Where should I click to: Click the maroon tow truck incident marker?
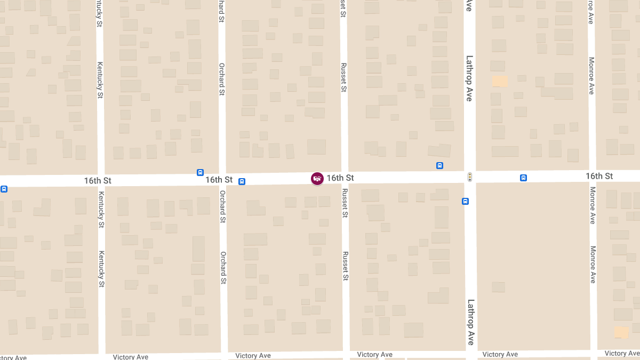(x=317, y=179)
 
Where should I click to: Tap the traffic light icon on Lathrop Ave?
(x=470, y=177)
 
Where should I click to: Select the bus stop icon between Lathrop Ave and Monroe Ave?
(x=524, y=178)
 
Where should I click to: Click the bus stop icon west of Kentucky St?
(x=4, y=188)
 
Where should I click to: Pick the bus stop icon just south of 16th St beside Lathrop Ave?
(x=466, y=201)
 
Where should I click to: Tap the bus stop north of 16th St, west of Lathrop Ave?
(x=439, y=165)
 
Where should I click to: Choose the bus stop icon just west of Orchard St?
(x=200, y=172)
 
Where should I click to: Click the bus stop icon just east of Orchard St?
(x=242, y=181)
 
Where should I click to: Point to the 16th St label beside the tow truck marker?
(x=340, y=177)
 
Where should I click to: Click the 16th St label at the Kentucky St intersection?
(x=98, y=181)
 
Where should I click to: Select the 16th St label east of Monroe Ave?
(x=599, y=176)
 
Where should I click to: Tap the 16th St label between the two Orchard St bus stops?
(x=219, y=180)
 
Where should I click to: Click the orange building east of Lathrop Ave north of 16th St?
(x=500, y=81)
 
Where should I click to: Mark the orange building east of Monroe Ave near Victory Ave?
(x=621, y=332)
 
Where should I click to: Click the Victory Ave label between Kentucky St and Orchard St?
(x=131, y=356)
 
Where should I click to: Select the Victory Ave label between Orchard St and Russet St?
(x=253, y=356)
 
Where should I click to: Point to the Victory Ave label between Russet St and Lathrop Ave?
(x=375, y=355)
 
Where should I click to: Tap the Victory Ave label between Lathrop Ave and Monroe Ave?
(x=500, y=354)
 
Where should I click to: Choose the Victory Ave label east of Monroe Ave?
(x=622, y=353)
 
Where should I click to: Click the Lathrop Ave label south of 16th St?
(x=470, y=322)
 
